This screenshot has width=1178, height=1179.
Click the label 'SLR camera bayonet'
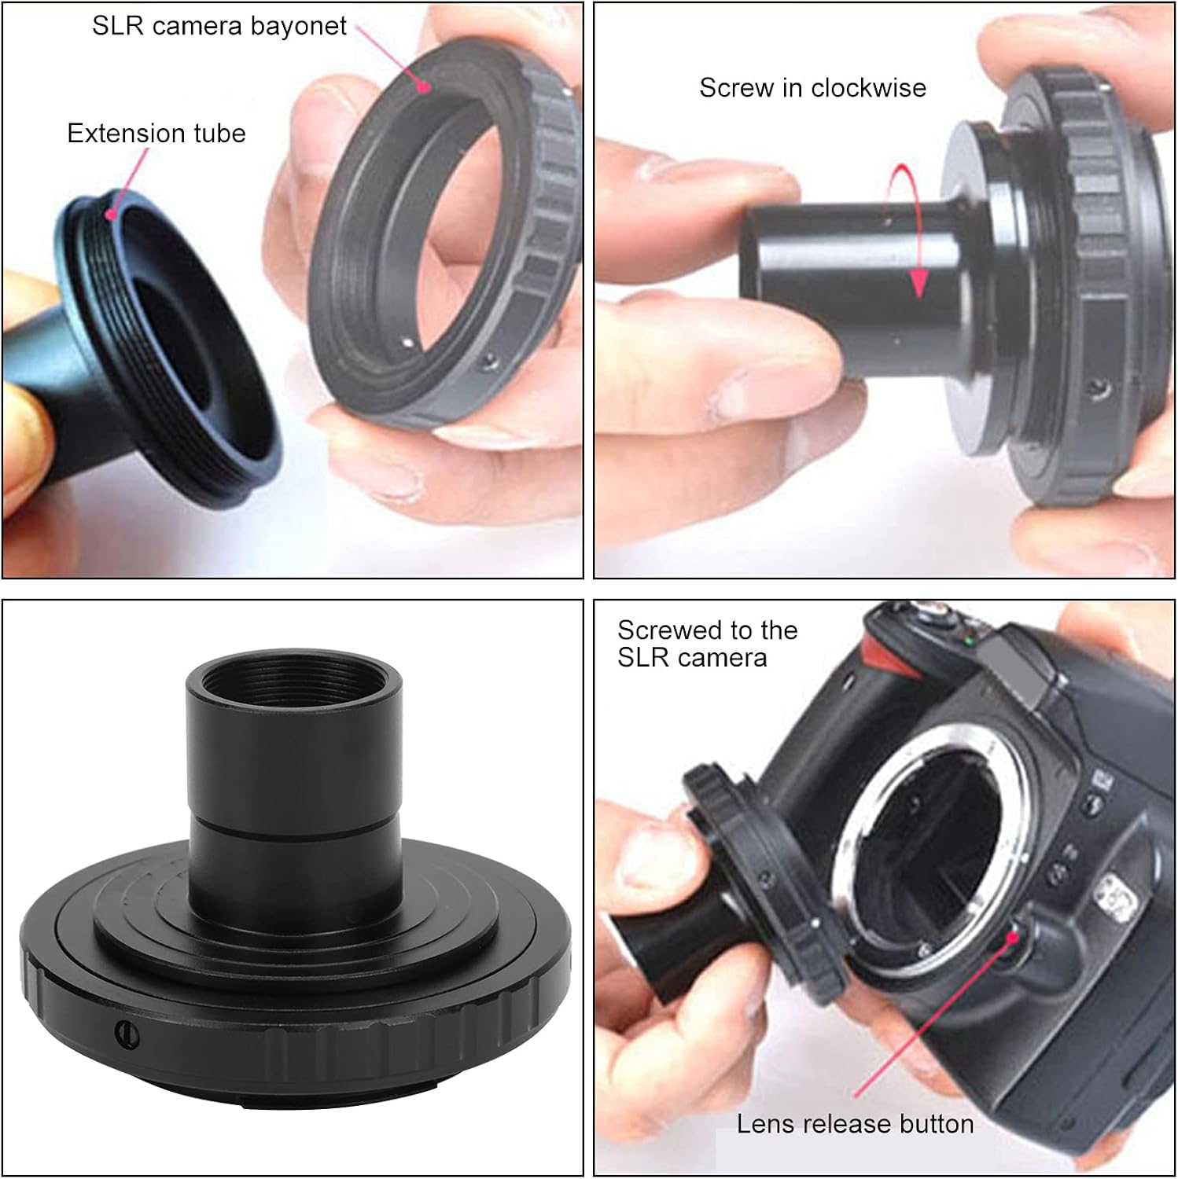point(219,26)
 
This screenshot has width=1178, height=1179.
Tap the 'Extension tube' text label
point(156,133)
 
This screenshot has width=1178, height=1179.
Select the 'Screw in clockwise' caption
point(812,87)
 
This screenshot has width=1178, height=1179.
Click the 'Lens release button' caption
point(855,1124)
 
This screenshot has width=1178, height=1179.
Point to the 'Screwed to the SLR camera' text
point(707,644)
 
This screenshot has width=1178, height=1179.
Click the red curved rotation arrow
point(904,228)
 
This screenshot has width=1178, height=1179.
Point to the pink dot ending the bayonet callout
point(424,86)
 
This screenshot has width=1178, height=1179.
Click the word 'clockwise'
point(868,87)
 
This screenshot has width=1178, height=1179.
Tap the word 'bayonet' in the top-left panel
point(299,26)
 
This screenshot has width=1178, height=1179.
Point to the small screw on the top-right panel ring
point(1095,387)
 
